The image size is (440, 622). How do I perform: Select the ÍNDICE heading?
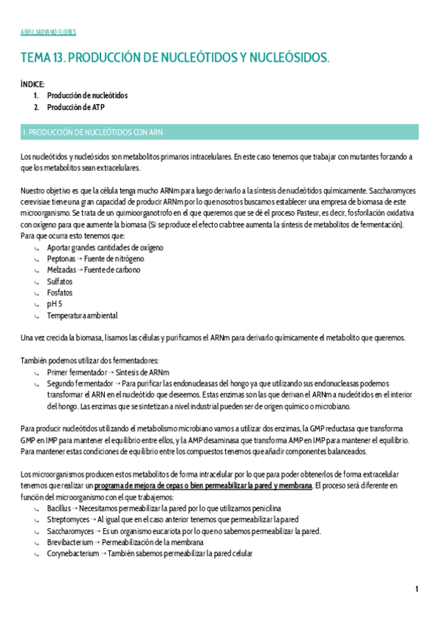pos(33,84)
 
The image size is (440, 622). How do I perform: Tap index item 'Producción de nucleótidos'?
pos(87,95)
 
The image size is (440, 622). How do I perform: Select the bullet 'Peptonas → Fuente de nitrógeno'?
pos(95,259)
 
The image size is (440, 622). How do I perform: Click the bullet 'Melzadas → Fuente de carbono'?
pos(94,270)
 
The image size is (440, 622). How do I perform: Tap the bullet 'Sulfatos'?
pos(60,282)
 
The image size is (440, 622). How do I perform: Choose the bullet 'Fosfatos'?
pos(60,293)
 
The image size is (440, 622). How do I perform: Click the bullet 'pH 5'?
pos(55,304)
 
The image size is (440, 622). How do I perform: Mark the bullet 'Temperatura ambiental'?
pos(82,315)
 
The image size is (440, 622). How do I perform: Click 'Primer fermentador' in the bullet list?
pos(73,372)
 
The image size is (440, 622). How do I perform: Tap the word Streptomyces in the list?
pos(67,519)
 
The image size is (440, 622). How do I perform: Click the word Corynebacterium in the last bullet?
pos(73,554)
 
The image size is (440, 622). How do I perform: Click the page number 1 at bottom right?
pos(417,589)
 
